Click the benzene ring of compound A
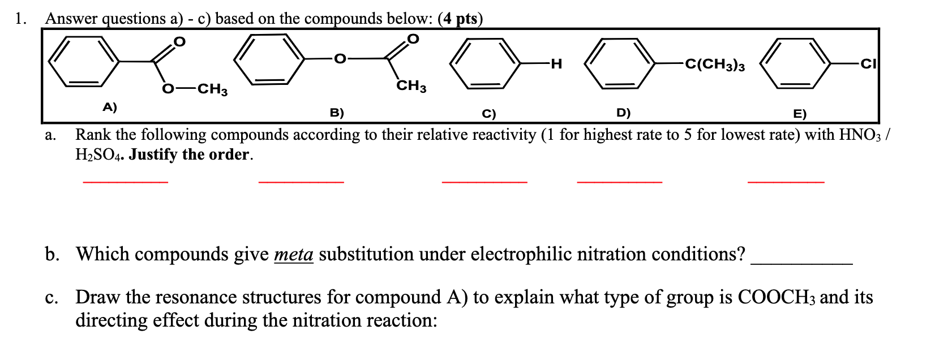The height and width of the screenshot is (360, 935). pos(84,62)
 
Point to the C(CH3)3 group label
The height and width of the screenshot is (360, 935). pos(715,65)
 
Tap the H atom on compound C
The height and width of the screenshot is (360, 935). pos(556,64)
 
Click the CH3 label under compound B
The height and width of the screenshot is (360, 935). pos(411,87)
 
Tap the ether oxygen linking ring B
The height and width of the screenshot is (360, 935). pos(339,58)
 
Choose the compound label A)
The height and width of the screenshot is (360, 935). pos(109,106)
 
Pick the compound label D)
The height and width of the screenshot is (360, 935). pos(623,113)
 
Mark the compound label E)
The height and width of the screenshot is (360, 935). pos(799,114)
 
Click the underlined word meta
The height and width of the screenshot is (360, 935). pos(293,254)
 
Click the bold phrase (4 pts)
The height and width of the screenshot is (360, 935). pos(460,19)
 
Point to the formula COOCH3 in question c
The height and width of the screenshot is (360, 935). pos(777,297)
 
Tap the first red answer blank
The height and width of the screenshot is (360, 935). pos(126,181)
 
